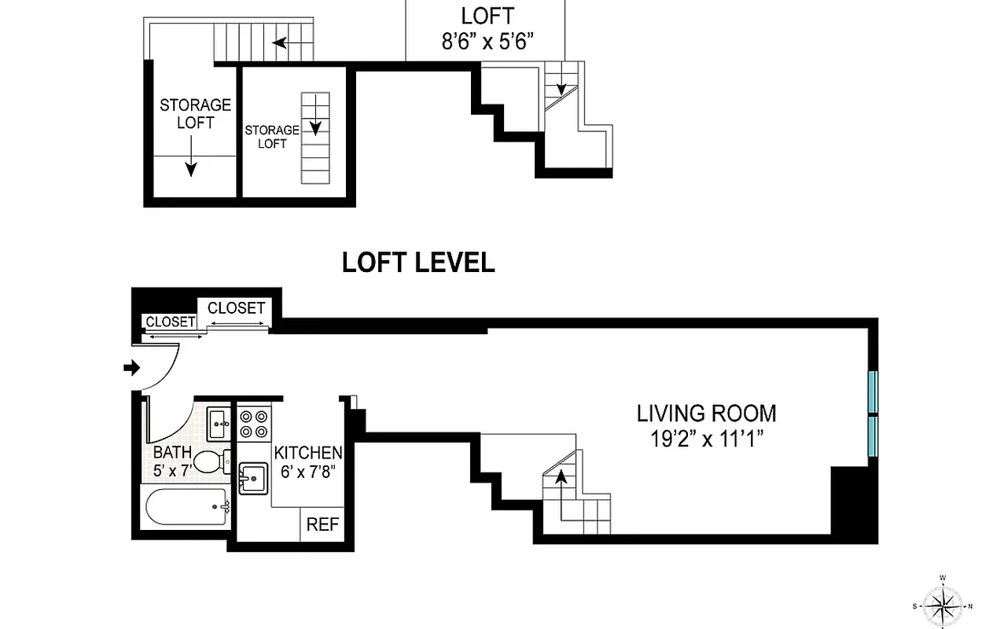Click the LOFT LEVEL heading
(418, 263)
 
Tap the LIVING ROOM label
(706, 413)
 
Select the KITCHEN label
(308, 453)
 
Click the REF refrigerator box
(322, 524)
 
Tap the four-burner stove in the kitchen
(255, 424)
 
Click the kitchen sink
(253, 477)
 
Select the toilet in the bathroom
(210, 462)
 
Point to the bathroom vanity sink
(219, 424)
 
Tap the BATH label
(172, 453)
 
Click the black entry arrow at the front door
(132, 367)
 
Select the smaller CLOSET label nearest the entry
(170, 322)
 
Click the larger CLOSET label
(236, 307)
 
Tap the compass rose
(942, 605)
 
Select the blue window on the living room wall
(872, 414)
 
